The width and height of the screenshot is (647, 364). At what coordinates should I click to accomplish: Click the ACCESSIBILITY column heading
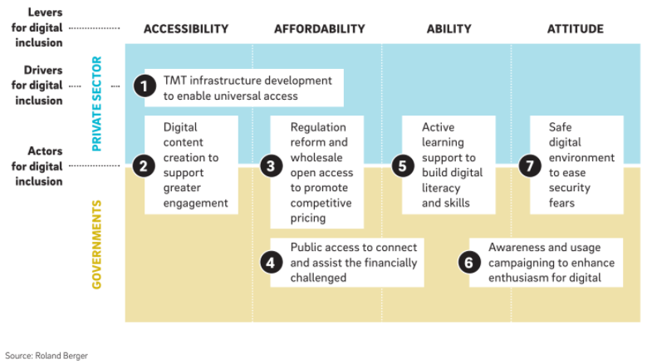click(186, 29)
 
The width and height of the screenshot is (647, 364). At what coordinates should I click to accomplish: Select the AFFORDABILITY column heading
click(320, 29)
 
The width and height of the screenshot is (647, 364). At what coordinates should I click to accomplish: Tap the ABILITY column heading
click(449, 29)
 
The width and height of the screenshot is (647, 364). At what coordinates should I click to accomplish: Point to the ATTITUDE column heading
click(576, 29)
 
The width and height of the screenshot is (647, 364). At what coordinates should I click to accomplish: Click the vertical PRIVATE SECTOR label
click(96, 104)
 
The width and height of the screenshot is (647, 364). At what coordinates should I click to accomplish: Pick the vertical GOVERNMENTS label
click(96, 244)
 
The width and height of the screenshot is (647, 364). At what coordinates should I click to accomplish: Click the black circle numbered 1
click(145, 86)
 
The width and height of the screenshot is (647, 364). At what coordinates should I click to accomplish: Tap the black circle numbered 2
click(144, 166)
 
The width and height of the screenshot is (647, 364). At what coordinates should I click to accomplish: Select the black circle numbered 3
click(271, 166)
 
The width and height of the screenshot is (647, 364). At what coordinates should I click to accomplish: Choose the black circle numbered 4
click(271, 263)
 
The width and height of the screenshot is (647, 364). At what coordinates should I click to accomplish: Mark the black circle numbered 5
click(403, 166)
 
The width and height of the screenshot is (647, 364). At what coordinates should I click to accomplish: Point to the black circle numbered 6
click(469, 263)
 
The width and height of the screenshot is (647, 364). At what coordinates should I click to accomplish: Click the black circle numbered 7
click(530, 166)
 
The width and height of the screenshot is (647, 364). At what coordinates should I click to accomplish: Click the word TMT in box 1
click(175, 81)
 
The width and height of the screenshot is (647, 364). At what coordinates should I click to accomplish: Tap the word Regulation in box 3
click(318, 127)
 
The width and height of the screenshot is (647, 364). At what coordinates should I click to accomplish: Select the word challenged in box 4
click(318, 278)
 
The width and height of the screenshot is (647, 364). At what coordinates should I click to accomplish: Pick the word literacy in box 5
click(441, 188)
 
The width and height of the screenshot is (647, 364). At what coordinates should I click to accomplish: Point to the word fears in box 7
click(561, 203)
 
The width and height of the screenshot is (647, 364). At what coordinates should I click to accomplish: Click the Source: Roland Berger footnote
click(47, 356)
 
